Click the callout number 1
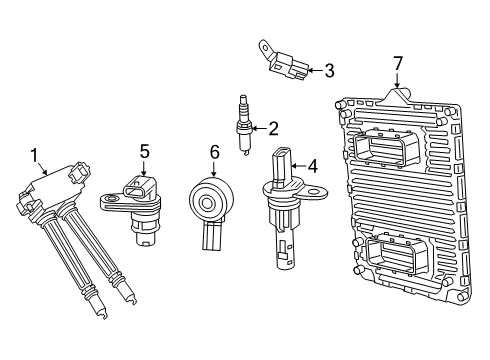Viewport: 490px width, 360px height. [x=37, y=155]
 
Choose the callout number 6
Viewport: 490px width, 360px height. [x=213, y=152]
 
